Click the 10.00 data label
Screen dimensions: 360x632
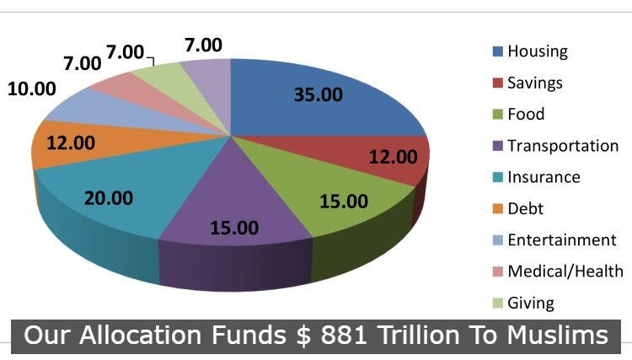click(x=32, y=89)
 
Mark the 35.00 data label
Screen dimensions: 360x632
click(x=318, y=94)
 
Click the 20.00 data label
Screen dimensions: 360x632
click(x=109, y=197)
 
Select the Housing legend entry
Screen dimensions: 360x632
click(x=537, y=51)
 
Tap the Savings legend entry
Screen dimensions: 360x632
click(x=535, y=83)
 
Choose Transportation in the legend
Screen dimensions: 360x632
click(x=563, y=145)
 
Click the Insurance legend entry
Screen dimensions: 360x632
click(x=544, y=177)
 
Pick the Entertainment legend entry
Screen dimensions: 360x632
click(x=561, y=240)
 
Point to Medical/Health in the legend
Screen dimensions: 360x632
click(x=565, y=271)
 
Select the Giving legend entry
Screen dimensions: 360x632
click(x=531, y=303)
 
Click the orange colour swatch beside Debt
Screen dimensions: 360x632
click(x=498, y=208)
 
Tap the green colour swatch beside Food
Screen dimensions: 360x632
click(x=498, y=114)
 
